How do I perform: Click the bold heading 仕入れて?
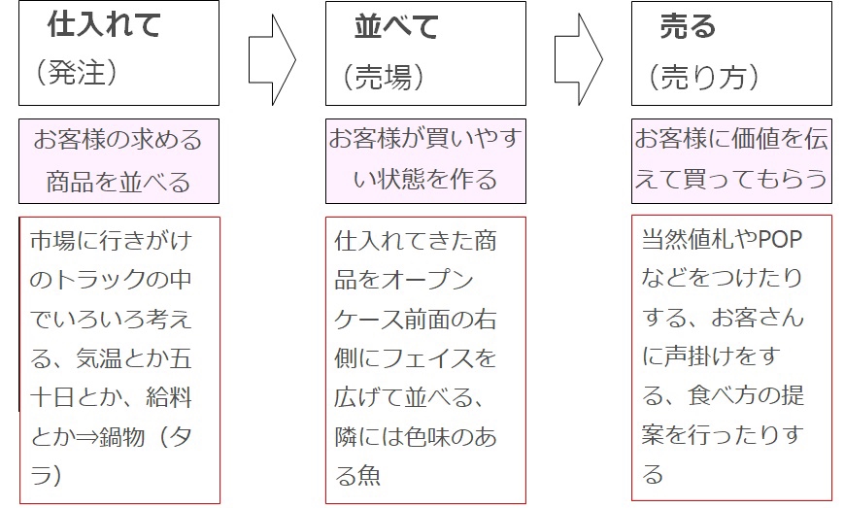click(104, 24)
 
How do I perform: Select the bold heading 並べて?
click(396, 26)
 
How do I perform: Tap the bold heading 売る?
click(688, 26)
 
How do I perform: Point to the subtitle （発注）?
click(77, 72)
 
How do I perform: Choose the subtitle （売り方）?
click(703, 77)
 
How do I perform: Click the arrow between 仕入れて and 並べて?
click(272, 59)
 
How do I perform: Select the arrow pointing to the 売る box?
click(579, 59)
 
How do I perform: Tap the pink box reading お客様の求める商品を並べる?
click(118, 161)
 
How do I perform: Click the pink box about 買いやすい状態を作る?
click(425, 161)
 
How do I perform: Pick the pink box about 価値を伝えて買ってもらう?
click(731, 161)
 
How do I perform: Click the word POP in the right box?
click(780, 240)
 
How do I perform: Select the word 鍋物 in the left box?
click(122, 436)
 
